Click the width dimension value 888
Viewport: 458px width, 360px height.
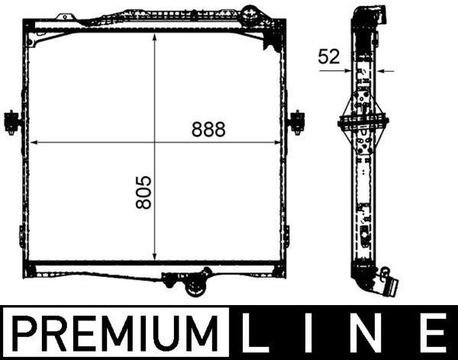(209, 129)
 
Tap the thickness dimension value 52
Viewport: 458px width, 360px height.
(329, 56)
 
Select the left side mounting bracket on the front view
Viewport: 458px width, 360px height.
(12, 121)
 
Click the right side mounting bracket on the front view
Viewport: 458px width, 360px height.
(297, 121)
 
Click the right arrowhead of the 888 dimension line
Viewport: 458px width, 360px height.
(279, 143)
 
